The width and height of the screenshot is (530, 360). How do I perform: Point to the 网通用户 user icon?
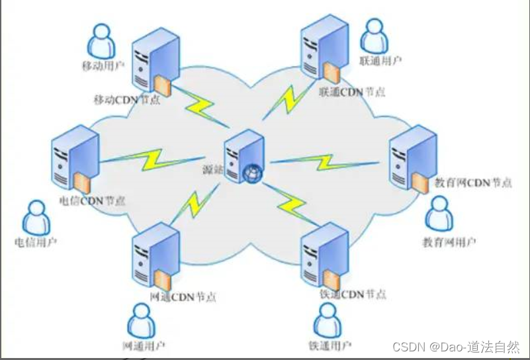click(x=142, y=320)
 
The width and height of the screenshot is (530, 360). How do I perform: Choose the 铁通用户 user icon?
click(x=329, y=320)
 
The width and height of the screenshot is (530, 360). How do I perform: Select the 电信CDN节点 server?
click(x=74, y=159)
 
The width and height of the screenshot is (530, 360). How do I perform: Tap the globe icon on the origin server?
click(x=252, y=173)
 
